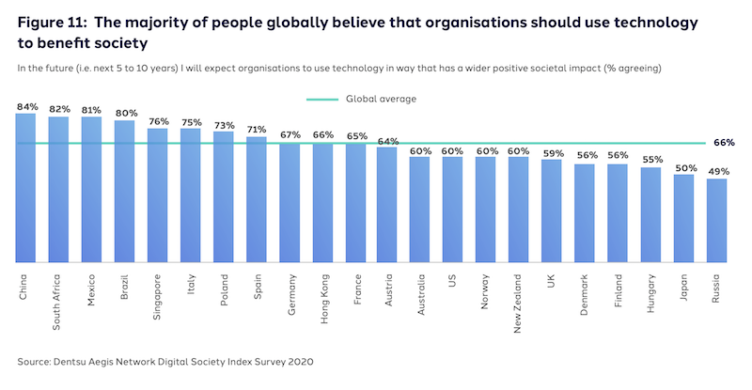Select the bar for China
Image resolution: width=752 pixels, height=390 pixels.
coord(25,188)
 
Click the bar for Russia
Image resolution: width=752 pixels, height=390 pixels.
coord(716,221)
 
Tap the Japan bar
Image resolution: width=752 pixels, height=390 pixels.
coord(683,218)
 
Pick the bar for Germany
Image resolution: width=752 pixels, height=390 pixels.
coord(289,202)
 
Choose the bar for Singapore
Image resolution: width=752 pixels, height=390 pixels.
coord(157,195)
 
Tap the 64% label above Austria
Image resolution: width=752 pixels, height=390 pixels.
coord(387,141)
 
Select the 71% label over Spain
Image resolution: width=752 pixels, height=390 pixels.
coord(256,130)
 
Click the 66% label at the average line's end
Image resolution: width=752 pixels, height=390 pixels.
coord(724,143)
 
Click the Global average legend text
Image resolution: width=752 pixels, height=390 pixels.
coord(381,99)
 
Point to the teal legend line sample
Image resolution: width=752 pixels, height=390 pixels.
coord(322,99)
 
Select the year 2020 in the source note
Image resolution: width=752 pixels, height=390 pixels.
coord(299,361)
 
